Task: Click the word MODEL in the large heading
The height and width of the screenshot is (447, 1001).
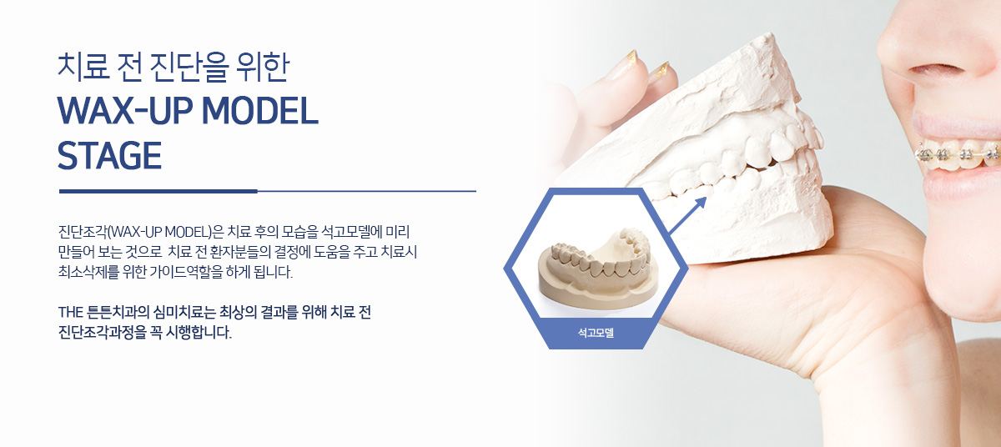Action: pyautogui.click(x=260, y=110)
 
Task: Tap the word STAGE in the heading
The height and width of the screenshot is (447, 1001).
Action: pyautogui.click(x=109, y=156)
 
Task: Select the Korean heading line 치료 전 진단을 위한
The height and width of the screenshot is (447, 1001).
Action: pyautogui.click(x=174, y=67)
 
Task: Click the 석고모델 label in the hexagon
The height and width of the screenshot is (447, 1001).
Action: pyautogui.click(x=596, y=333)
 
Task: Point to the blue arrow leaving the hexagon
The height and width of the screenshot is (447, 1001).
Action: pyautogui.click(x=687, y=216)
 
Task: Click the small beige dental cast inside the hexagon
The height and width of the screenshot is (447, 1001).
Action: pyautogui.click(x=598, y=268)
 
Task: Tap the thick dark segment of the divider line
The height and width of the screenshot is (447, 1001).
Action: pyautogui.click(x=158, y=191)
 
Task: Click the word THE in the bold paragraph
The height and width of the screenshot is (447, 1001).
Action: pyautogui.click(x=71, y=312)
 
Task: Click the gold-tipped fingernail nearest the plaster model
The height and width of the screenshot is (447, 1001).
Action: pyautogui.click(x=661, y=73)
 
